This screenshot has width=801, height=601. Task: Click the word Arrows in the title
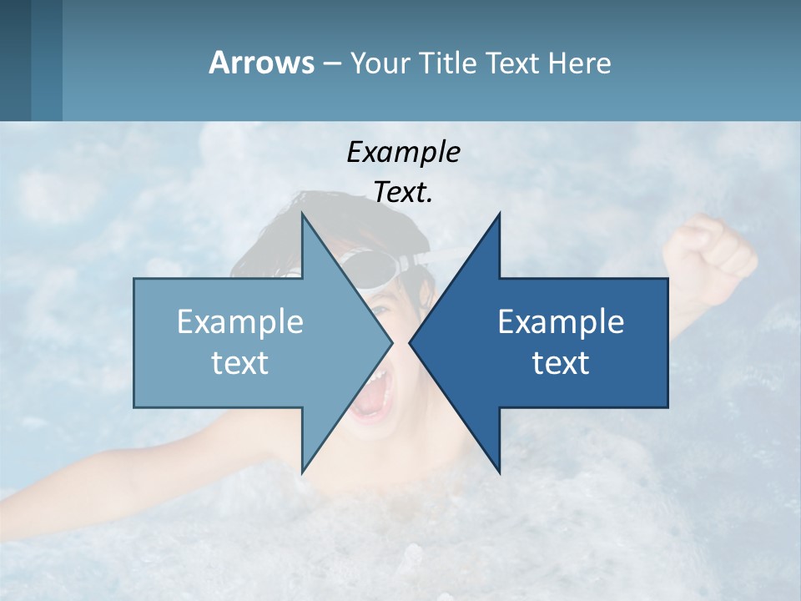pos(260,63)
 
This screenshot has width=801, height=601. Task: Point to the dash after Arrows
pos(331,63)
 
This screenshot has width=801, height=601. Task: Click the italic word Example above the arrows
pos(403,153)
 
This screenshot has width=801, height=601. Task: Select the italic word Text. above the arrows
pos(403,193)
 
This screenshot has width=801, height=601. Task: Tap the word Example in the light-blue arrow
pos(239,322)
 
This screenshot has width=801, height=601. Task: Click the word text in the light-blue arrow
pos(239,363)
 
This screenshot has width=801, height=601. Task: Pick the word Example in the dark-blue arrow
pos(561,322)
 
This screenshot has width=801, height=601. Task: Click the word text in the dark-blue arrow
pos(561,363)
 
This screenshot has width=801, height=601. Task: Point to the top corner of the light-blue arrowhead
pos(302,215)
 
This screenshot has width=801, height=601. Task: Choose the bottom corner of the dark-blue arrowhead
pos(500,472)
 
